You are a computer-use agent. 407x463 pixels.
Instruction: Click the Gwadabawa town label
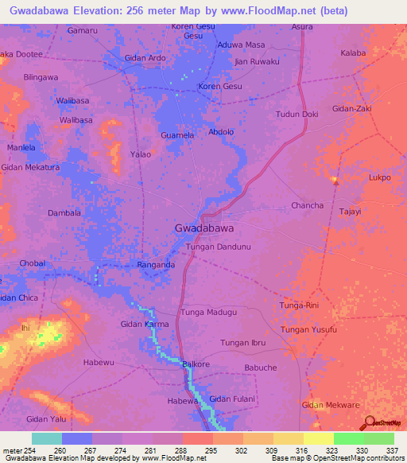coord(203,228)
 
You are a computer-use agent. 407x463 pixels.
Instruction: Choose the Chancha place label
coord(307,205)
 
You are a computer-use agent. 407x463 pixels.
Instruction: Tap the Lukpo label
coord(379,177)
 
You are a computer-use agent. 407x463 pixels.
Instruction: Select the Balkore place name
coord(196,364)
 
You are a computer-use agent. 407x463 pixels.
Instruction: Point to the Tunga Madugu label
coord(209,313)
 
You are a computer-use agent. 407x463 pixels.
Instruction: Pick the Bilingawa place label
coord(41,77)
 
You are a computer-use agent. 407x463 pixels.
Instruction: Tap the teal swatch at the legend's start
coord(46,438)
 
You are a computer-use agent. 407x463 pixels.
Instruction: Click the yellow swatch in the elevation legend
coord(319,438)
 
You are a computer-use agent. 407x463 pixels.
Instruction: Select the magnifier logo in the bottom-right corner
coord(369,422)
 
